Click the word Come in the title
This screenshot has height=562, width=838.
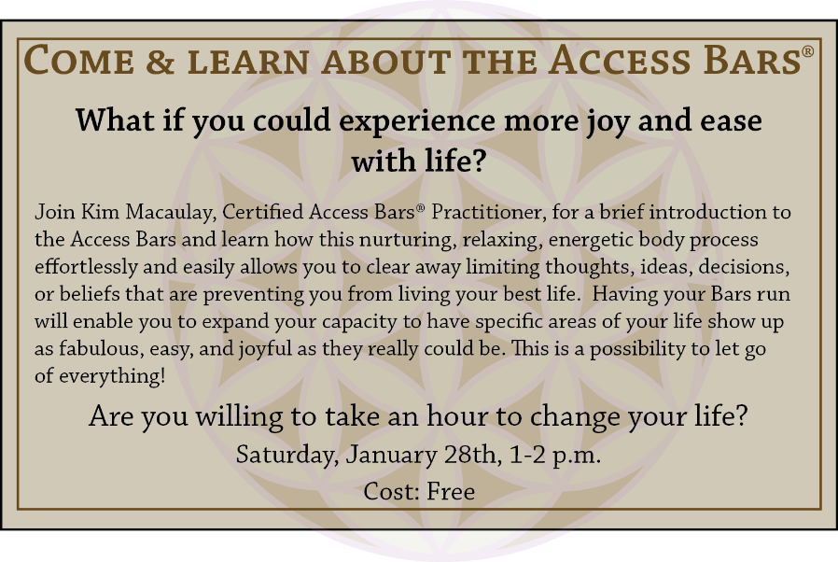79,60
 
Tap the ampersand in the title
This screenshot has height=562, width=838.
161,61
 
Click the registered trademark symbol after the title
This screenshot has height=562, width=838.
807,50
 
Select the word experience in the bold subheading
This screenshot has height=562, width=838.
417,120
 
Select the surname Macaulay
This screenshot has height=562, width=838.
171,213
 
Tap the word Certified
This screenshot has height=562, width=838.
263,212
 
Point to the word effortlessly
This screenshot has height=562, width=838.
86,267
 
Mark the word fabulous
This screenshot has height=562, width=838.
101,348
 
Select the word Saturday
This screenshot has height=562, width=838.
287,455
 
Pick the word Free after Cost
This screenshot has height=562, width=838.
451,491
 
